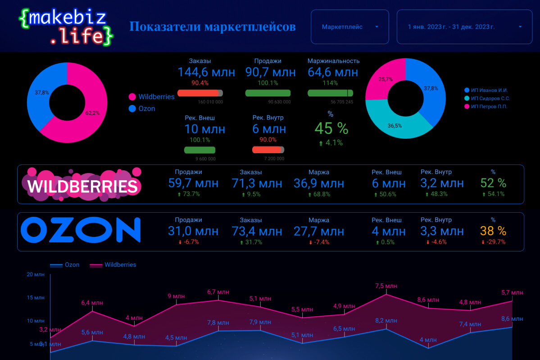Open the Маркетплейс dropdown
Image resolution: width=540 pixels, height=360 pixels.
pos(349,27)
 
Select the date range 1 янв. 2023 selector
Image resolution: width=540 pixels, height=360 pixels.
pos(464,27)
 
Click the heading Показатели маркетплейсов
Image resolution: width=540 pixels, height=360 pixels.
pos(213,27)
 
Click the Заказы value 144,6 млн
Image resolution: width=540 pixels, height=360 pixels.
pos(206,72)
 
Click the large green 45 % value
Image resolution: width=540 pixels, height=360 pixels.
pos(331,128)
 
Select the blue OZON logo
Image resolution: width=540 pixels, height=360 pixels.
pos(81,231)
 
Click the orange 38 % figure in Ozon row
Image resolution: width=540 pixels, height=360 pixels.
pos(493,231)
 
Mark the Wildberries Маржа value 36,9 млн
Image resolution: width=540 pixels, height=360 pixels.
pos(319,183)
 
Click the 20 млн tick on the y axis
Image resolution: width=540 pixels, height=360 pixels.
pos(36,274)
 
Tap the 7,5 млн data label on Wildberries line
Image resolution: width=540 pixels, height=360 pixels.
pos(386,286)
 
